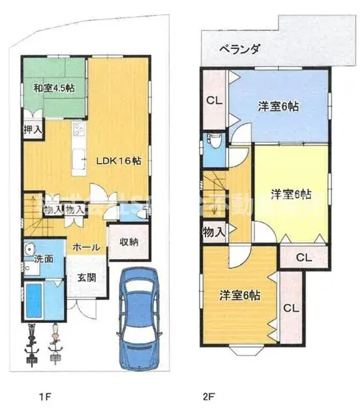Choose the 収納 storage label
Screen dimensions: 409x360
tap(128, 242)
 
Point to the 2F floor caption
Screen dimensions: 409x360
tap(207, 395)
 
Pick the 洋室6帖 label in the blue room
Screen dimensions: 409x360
tap(278, 106)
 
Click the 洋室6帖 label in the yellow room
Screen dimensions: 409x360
tap(290, 194)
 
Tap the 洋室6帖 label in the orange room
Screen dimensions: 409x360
tap(240, 294)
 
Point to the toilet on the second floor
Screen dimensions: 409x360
tap(213, 142)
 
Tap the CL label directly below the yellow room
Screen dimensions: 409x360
tap(303, 258)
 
